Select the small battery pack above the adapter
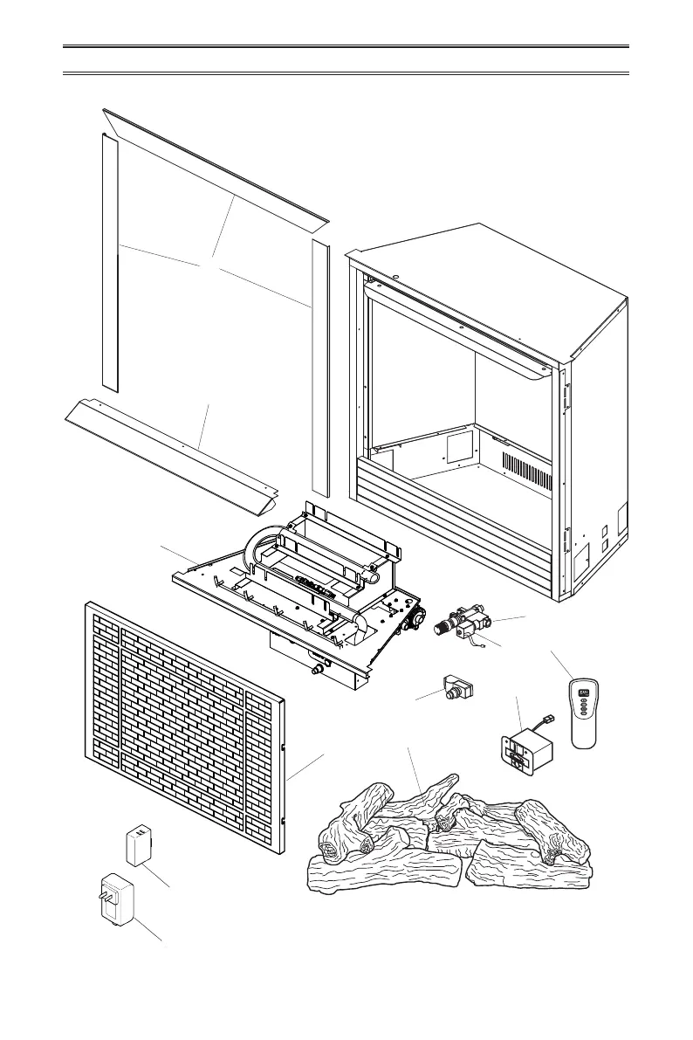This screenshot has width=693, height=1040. tap(141, 844)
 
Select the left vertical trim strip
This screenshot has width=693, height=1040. tap(109, 262)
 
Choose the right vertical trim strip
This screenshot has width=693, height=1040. tap(320, 367)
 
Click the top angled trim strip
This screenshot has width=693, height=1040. tap(214, 166)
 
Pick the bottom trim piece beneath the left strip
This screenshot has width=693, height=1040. tap(170, 450)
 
